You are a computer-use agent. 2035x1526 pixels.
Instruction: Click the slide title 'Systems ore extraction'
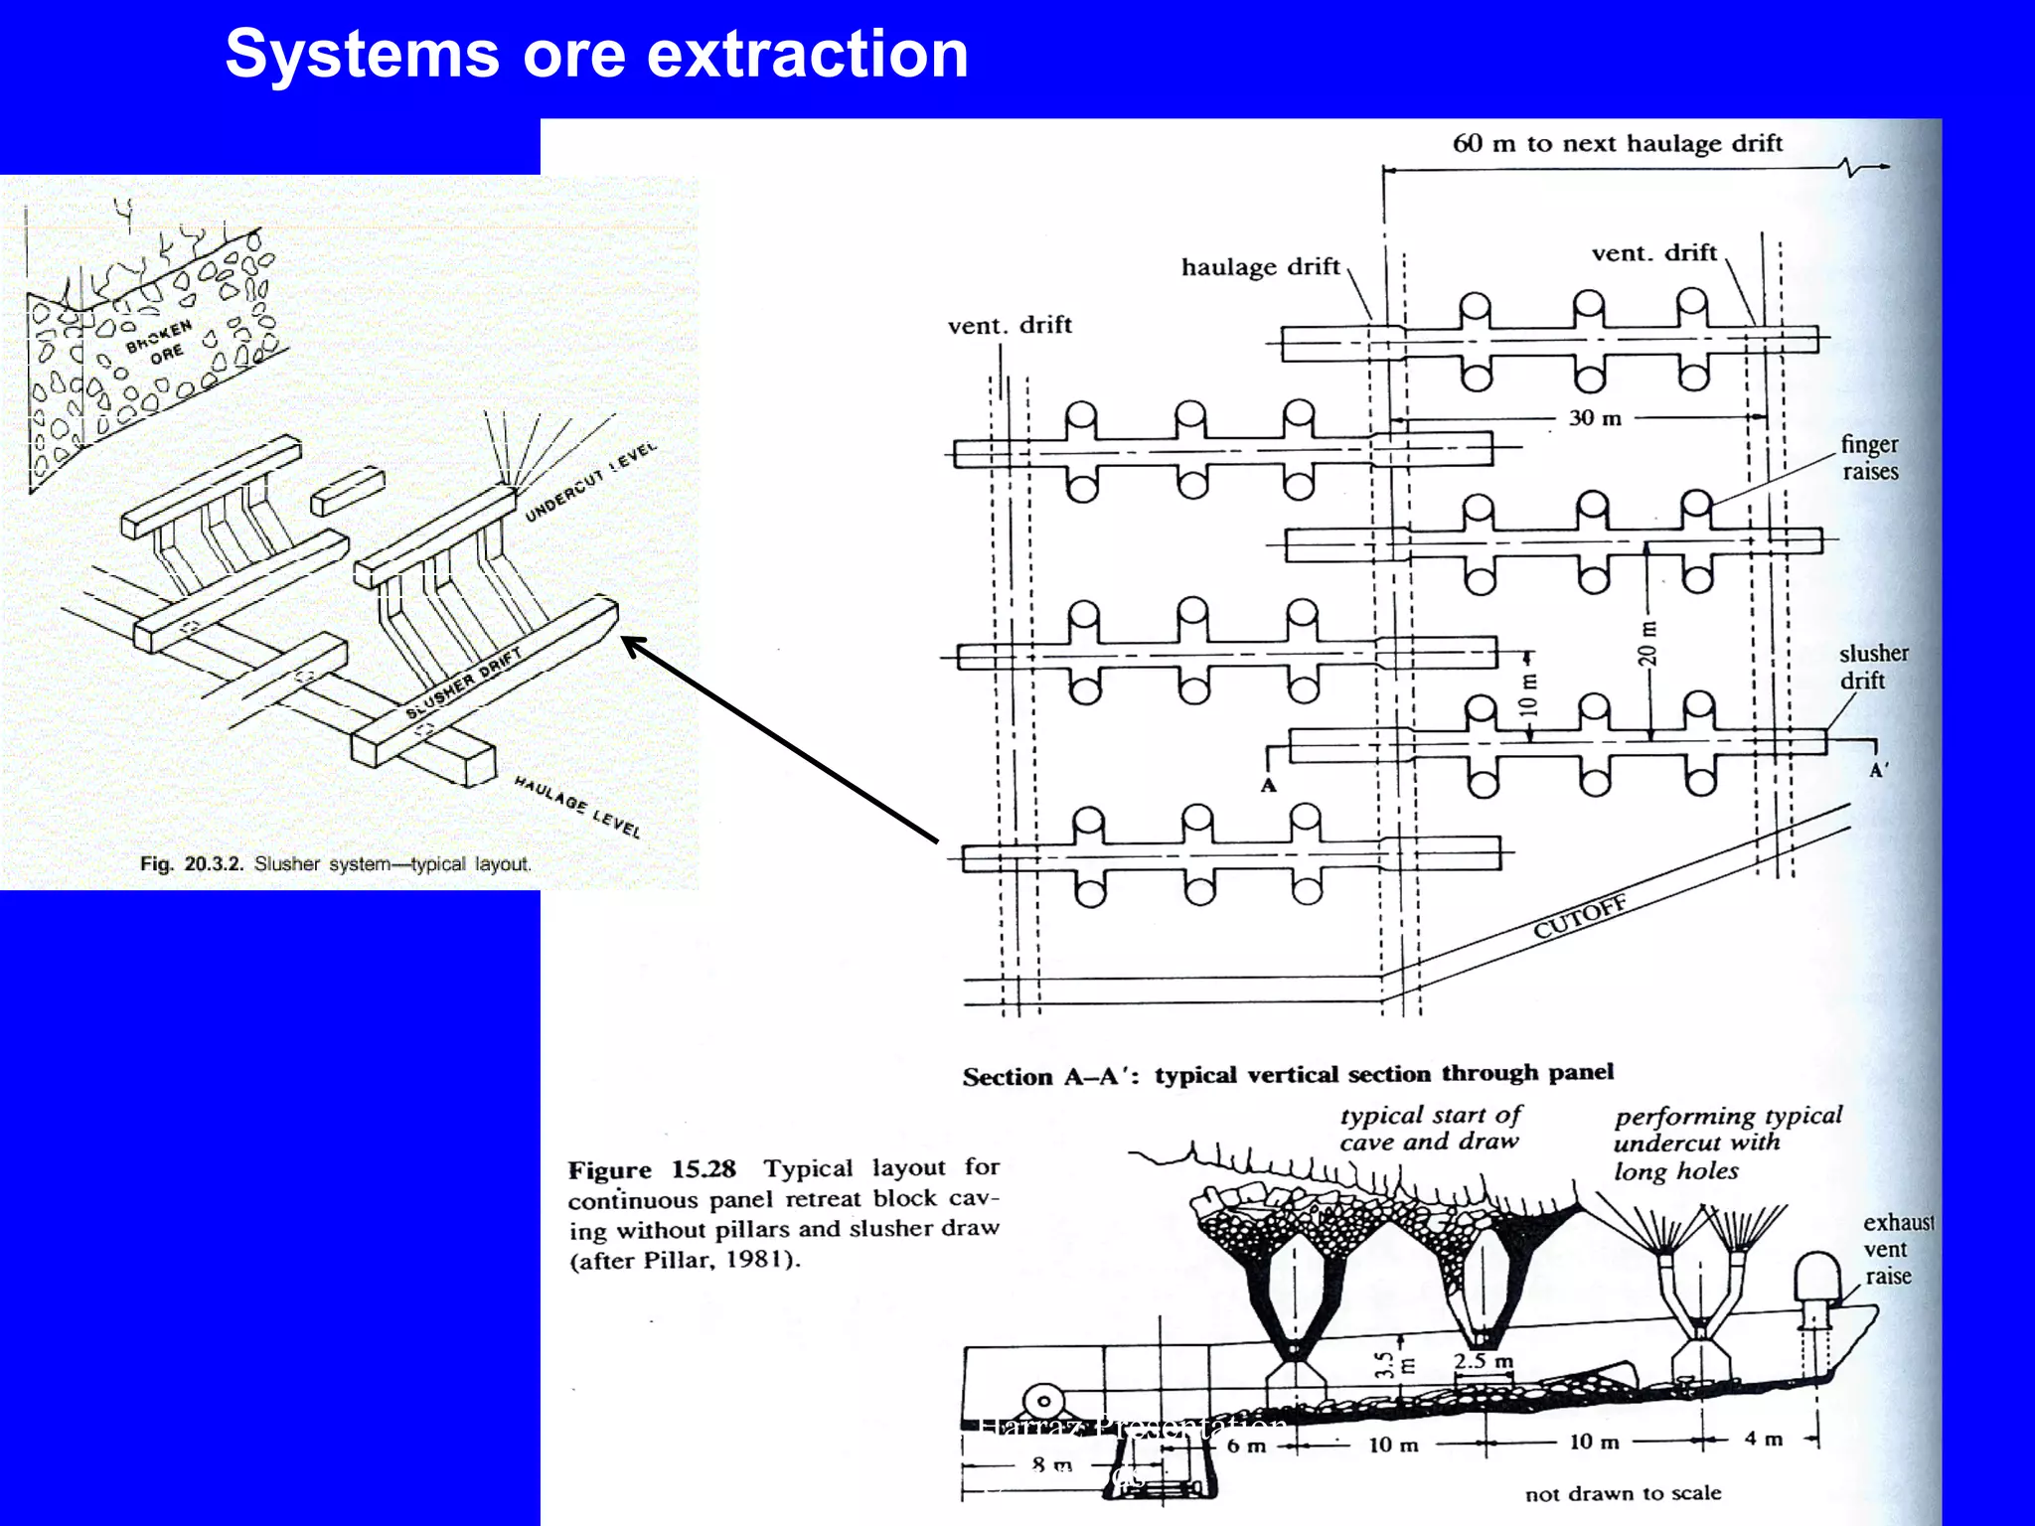click(596, 55)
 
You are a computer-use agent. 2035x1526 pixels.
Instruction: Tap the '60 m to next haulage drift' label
click(1617, 144)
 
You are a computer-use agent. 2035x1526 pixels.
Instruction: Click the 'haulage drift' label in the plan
click(1260, 267)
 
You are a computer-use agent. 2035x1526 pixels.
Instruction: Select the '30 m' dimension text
click(1595, 418)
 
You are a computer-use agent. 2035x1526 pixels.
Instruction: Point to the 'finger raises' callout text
click(1869, 458)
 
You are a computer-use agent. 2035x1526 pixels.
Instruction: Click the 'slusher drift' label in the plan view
click(1873, 667)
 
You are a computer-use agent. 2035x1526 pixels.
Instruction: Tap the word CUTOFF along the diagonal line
click(1580, 916)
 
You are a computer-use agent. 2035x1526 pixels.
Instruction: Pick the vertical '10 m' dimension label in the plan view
click(1528, 694)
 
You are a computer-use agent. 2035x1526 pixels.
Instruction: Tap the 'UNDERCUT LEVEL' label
click(590, 481)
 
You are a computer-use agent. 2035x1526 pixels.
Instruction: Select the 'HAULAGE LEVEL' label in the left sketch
click(577, 806)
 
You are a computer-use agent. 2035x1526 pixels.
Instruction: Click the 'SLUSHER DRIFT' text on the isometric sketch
click(463, 684)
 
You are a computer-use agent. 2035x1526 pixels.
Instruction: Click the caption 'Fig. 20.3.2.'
click(191, 864)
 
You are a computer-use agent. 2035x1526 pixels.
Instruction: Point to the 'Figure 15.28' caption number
click(652, 1169)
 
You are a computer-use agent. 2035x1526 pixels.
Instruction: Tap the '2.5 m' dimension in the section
click(1483, 1361)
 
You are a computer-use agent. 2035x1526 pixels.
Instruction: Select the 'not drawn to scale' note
click(1623, 1493)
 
